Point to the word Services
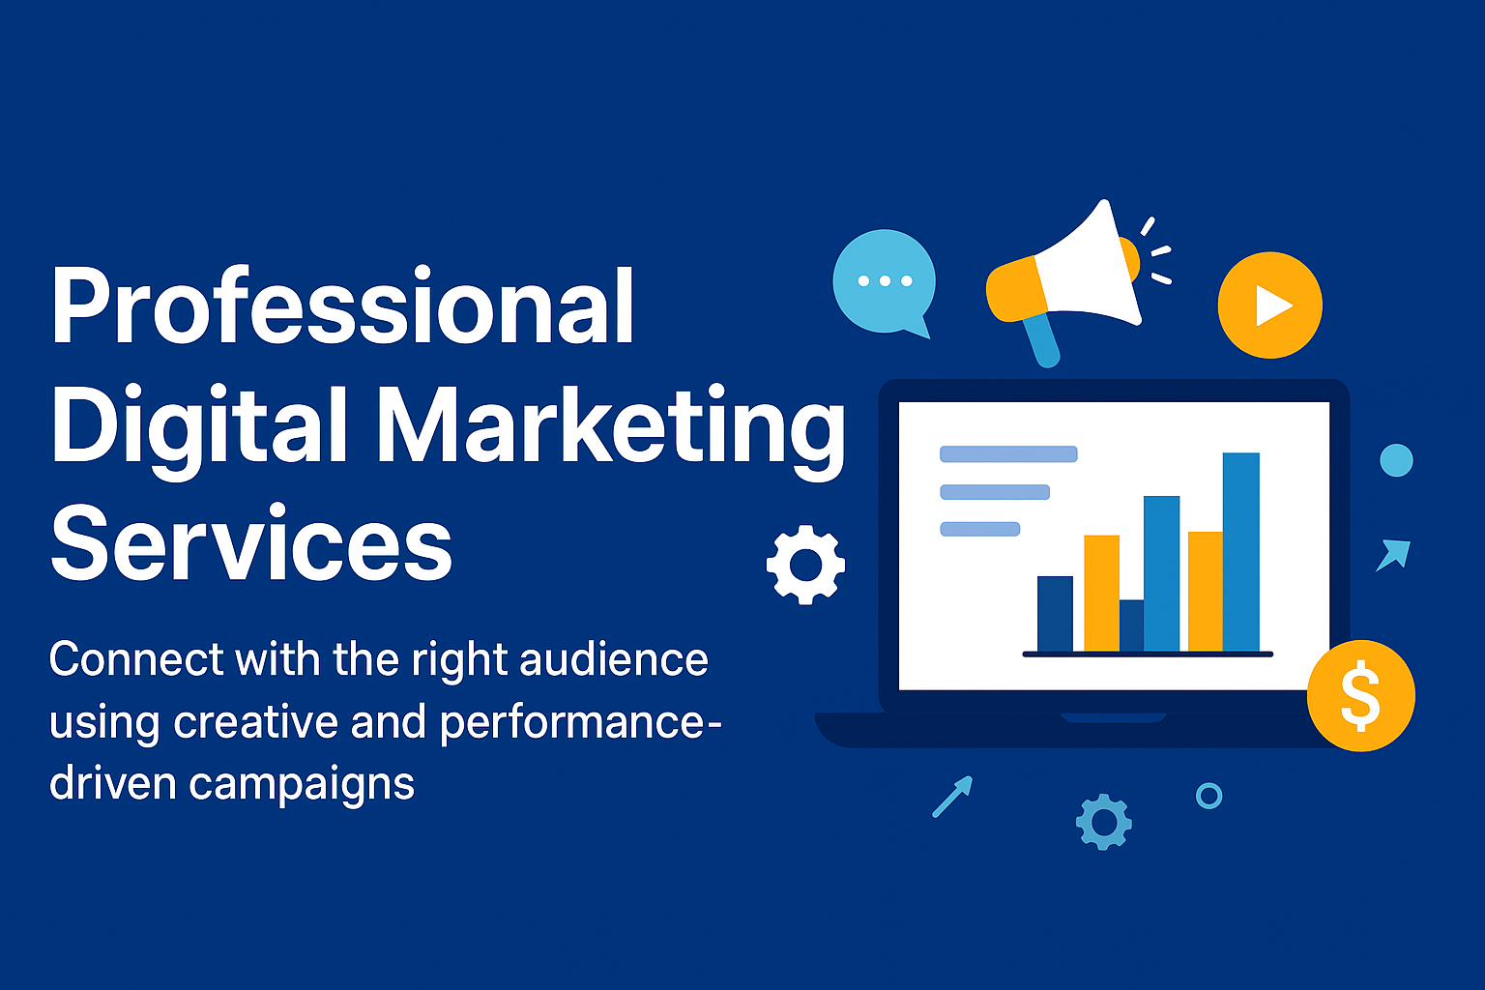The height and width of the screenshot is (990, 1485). (251, 543)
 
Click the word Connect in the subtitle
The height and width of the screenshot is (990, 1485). (136, 659)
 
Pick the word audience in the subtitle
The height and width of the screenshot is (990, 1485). (613, 659)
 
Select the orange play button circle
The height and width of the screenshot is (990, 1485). (1269, 306)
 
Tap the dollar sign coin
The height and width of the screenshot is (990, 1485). (1360, 696)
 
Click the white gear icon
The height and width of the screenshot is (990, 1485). (805, 565)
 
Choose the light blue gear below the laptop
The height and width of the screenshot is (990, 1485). (1103, 823)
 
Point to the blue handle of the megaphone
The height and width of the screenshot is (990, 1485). (1042, 340)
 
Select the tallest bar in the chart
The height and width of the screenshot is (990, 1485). (1240, 552)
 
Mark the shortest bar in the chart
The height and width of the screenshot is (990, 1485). (1131, 626)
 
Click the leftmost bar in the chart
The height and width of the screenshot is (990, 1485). (1055, 614)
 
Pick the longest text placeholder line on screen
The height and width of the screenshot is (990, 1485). (1008, 454)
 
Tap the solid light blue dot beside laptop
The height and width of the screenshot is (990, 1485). (1396, 460)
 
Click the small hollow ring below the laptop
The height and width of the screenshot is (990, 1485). (1208, 796)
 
